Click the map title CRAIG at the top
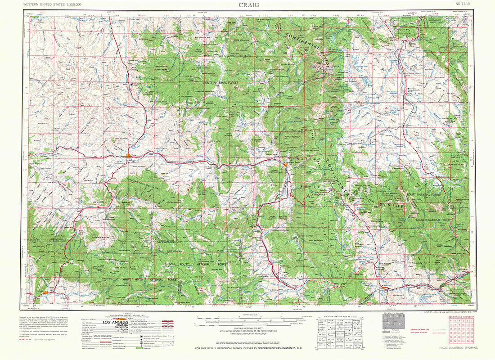click(x=247, y=5)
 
